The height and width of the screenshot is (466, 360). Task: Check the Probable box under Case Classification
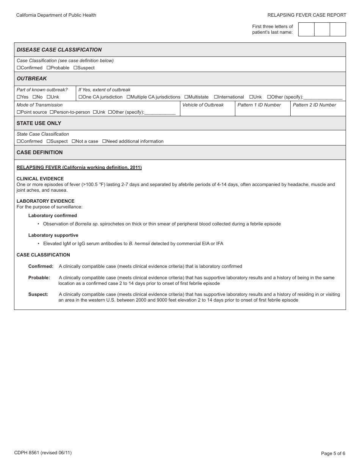[49, 68]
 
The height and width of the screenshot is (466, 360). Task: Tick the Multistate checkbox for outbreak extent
[186, 97]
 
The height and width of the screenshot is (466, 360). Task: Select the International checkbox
[216, 97]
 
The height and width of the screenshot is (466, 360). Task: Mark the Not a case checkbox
[74, 141]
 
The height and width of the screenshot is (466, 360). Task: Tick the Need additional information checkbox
[104, 141]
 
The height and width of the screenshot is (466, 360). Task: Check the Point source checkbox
[19, 112]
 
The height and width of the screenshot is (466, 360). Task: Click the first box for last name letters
[306, 30]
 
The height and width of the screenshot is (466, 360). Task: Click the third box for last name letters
[338, 30]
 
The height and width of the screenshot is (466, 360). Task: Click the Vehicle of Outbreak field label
[203, 105]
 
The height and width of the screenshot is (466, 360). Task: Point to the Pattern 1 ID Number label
[259, 105]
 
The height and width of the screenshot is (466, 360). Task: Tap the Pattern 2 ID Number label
[315, 105]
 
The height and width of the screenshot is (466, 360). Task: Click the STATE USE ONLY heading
[39, 123]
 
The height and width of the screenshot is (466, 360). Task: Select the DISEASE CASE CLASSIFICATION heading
[59, 50]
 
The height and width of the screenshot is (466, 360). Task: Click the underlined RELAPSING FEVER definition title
[79, 167]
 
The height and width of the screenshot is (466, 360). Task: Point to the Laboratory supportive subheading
[53, 235]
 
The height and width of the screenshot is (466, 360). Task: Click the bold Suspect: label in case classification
[38, 294]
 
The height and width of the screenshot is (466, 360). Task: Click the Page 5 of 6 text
[333, 453]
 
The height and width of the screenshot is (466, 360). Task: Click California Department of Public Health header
[56, 15]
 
